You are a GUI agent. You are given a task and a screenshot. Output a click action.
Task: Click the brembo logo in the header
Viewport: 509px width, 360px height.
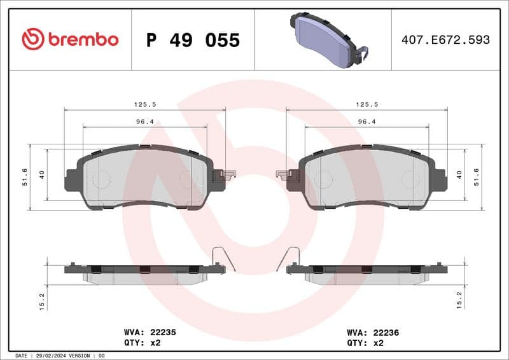point(70,39)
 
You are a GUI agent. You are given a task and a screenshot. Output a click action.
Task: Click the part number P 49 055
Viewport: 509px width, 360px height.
point(193,40)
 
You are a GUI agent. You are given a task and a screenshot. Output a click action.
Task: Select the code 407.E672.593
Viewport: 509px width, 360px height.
point(445,40)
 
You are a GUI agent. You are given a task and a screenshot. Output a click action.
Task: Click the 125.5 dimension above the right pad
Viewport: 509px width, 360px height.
point(366,104)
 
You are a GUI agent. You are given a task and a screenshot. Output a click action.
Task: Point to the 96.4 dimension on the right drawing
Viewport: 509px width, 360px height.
point(366,121)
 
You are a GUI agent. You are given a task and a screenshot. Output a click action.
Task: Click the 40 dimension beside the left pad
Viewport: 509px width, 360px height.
point(42,174)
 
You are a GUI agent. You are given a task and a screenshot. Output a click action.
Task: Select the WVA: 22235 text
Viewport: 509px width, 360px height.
point(150,332)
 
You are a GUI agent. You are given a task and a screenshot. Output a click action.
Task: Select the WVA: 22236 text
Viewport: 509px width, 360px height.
point(372,332)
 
